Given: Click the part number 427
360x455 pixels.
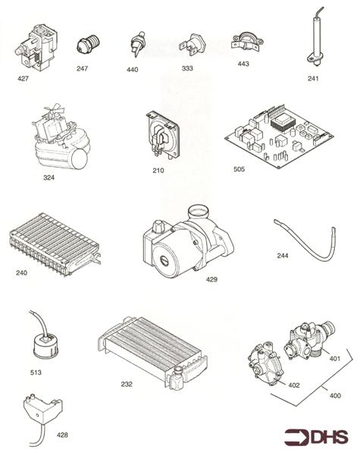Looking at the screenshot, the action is click(x=23, y=78).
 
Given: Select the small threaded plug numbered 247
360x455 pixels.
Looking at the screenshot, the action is click(x=88, y=43).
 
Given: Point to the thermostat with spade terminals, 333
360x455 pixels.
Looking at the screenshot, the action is click(x=192, y=45).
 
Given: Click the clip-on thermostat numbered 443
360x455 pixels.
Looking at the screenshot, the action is click(x=247, y=42).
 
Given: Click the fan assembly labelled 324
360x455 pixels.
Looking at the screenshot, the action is click(x=60, y=137).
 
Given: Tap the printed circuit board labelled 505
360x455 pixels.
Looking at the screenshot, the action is click(x=279, y=136).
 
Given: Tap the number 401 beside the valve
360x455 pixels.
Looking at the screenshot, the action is click(x=334, y=359).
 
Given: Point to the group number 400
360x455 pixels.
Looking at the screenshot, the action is click(x=335, y=396).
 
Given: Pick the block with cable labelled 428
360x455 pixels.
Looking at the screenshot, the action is click(x=42, y=415).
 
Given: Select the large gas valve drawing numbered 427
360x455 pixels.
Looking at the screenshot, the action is click(x=36, y=49).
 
